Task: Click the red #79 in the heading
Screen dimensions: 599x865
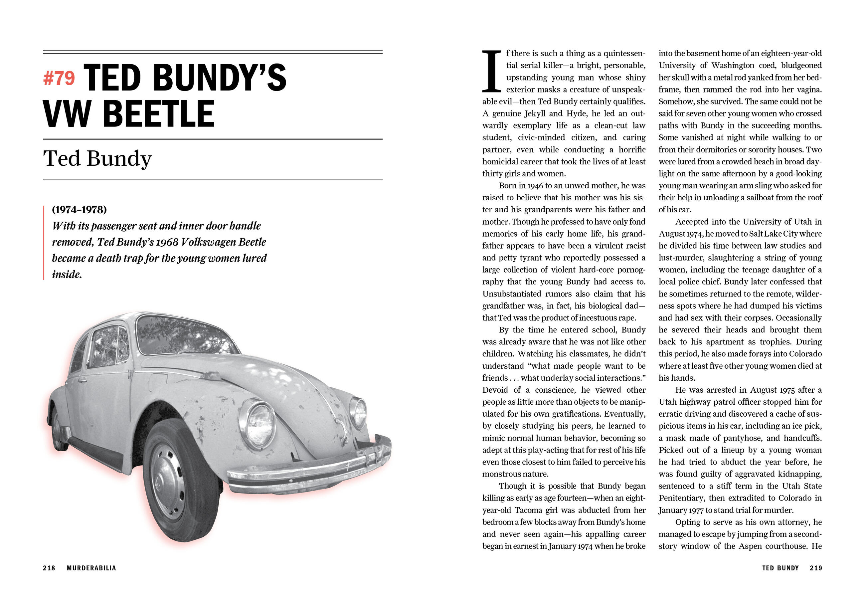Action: (59, 79)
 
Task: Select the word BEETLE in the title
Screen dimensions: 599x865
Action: (158, 114)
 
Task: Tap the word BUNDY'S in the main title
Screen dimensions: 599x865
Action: (220, 78)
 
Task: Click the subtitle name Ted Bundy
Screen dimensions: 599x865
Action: (97, 158)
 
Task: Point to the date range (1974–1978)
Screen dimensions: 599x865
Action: (79, 209)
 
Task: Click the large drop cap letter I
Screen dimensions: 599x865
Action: (491, 71)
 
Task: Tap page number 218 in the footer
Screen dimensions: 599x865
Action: (49, 568)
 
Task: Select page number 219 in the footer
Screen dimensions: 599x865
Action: (815, 568)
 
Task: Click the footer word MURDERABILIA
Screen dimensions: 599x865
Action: (91, 568)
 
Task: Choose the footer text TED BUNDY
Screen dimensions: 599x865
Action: (780, 568)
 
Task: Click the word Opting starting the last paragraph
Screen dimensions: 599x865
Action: (687, 522)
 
